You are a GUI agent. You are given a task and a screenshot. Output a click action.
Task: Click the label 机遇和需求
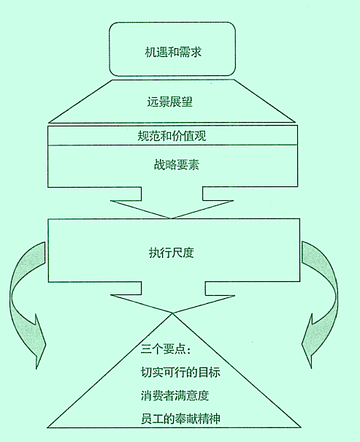tap(173, 52)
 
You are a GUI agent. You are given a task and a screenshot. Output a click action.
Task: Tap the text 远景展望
tap(169, 102)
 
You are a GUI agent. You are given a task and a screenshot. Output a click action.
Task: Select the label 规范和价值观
tap(172, 136)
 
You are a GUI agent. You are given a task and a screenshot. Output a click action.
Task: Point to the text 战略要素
tap(176, 164)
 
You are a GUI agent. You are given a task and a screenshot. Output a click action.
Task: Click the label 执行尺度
tap(172, 253)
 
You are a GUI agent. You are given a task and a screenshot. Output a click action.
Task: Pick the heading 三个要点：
tap(166, 350)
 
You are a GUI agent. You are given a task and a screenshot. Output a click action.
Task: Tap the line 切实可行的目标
tap(180, 373)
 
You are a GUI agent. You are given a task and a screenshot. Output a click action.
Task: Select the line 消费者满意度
tap(175, 395)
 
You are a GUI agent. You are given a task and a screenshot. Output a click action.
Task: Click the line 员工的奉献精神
tap(180, 419)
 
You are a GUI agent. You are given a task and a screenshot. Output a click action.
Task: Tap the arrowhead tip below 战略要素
tap(171, 218)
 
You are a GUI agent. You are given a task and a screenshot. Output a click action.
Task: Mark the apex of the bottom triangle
tap(172, 313)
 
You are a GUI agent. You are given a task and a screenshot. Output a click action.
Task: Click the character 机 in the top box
tap(150, 52)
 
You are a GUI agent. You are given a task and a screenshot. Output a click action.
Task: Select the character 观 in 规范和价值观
tap(201, 136)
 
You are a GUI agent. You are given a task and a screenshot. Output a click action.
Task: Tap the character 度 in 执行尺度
tap(188, 253)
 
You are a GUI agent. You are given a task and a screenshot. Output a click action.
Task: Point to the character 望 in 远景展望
tap(187, 102)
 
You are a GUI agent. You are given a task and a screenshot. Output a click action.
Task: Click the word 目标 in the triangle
tap(209, 373)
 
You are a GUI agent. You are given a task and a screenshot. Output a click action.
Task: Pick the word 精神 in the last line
tap(209, 419)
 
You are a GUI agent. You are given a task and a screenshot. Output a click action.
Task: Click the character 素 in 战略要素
tap(194, 164)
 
